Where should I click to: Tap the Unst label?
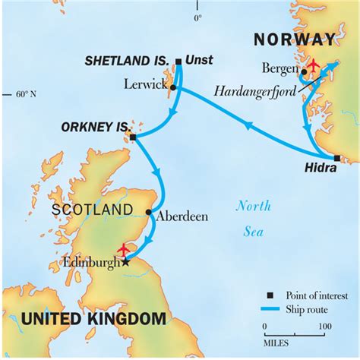[198, 61]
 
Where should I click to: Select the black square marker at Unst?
[178, 62]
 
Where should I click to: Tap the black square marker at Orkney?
[133, 137]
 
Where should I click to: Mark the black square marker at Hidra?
[336, 159]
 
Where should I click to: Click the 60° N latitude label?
[25, 94]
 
